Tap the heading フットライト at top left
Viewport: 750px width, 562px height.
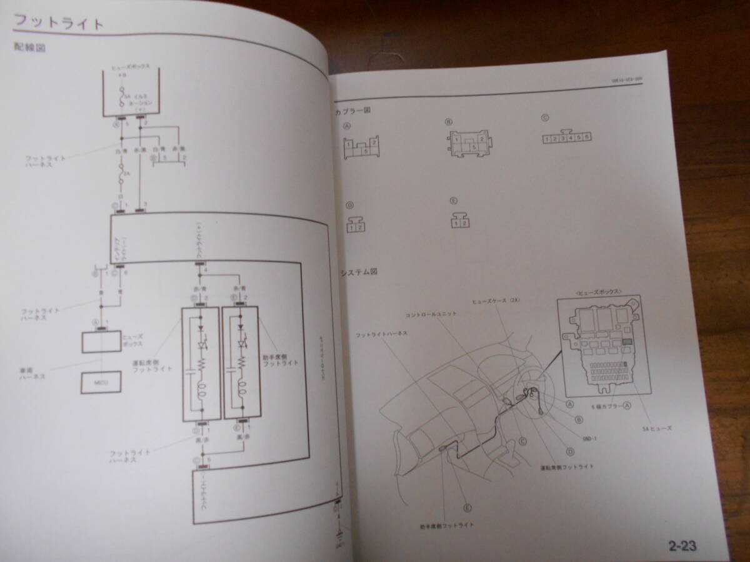[x=59, y=24]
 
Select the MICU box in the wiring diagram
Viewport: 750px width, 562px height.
[x=101, y=382]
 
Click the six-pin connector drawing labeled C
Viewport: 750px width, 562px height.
[x=566, y=137]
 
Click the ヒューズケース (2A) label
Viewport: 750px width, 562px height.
[x=496, y=300]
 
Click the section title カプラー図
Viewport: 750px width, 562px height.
[x=353, y=111]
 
